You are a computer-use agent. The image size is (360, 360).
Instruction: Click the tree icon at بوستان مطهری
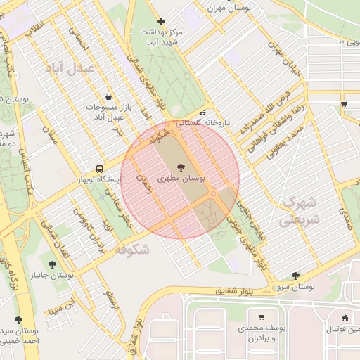coord(182,167)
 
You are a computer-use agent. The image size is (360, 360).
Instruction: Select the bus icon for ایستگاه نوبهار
coord(99,169)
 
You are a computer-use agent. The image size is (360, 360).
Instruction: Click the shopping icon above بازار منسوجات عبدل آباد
coord(108,96)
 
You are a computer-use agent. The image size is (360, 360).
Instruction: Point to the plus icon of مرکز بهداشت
coord(162,22)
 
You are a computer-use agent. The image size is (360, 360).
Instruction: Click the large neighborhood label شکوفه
coord(123,250)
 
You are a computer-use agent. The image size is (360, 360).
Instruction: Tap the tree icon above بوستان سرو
coord(295,276)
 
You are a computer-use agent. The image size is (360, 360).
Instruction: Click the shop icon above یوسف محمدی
coord(262,317)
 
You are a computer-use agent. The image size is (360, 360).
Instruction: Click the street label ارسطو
coord(110,300)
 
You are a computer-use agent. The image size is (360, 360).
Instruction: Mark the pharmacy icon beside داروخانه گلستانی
coord(202,112)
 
